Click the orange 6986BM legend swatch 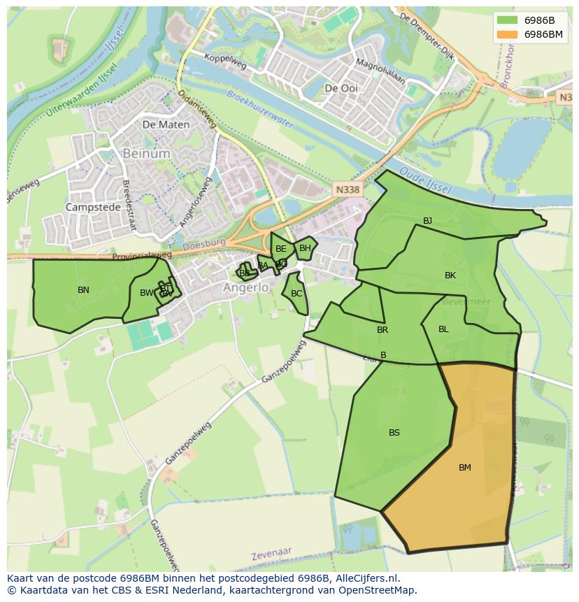click(507, 34)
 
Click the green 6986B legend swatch click(507, 20)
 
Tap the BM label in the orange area click(464, 468)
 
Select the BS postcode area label click(394, 433)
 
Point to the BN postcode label click(83, 289)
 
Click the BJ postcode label click(427, 221)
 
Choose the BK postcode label click(450, 275)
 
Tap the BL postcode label click(443, 329)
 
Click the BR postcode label click(382, 330)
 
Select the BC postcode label click(296, 294)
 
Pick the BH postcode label click(305, 248)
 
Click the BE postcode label click(280, 249)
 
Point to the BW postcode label click(145, 293)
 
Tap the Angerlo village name click(245, 287)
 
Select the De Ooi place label click(341, 88)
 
